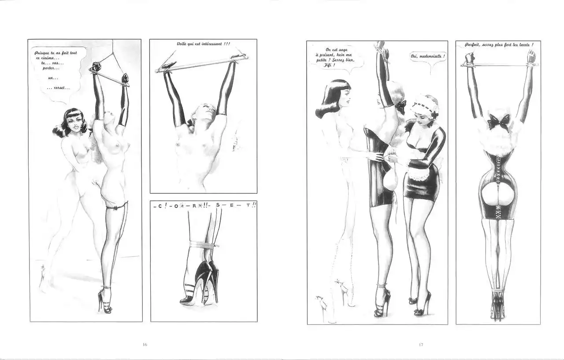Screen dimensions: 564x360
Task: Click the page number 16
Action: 145,345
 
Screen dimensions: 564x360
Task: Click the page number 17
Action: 421,345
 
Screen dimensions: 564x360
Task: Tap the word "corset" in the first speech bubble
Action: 59,88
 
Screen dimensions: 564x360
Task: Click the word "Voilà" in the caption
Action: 182,44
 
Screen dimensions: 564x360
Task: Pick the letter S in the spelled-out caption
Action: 218,205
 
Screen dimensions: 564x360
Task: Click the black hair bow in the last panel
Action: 498,121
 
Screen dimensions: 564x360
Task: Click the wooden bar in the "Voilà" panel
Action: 202,64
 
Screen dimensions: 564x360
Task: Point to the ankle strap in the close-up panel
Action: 204,244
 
